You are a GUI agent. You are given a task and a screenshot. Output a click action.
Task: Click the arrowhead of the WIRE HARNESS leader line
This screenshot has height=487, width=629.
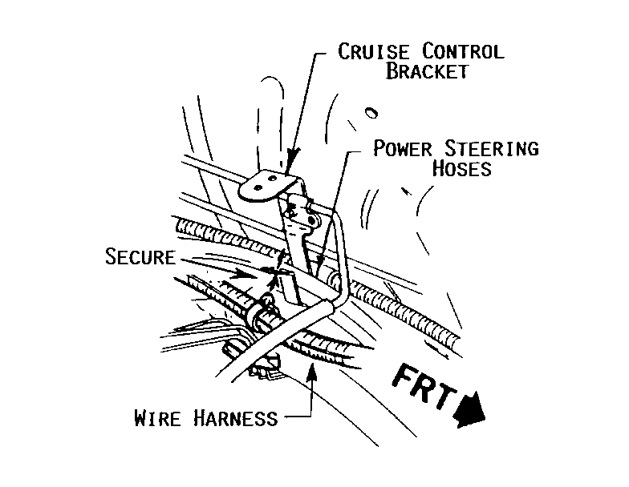click(311, 364)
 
